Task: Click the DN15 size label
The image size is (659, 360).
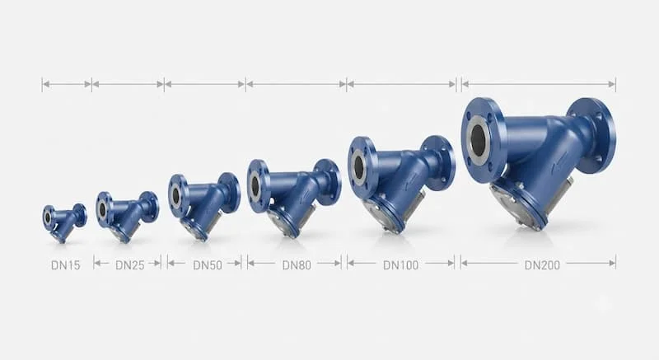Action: click(x=66, y=265)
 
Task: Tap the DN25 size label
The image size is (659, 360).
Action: click(x=130, y=265)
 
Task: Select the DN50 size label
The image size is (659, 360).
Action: click(x=208, y=265)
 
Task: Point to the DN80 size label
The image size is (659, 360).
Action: click(x=297, y=265)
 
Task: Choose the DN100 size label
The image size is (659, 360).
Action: click(x=401, y=265)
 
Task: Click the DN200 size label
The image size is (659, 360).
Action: click(x=542, y=265)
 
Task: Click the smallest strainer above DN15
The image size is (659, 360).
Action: click(x=64, y=222)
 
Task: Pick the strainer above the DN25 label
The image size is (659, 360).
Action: click(x=128, y=217)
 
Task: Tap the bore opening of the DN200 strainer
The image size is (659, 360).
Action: click(x=479, y=135)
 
